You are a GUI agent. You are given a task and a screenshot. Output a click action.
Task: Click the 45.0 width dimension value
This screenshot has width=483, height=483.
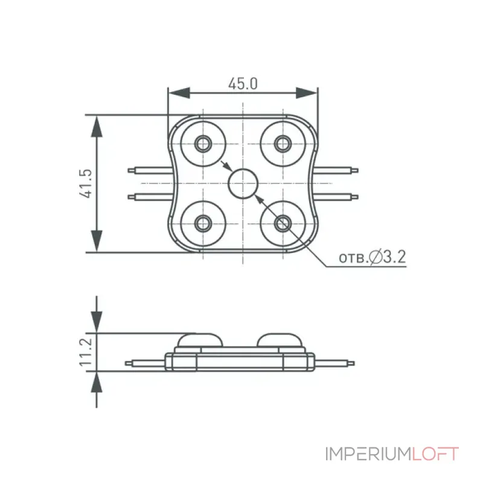click(x=243, y=83)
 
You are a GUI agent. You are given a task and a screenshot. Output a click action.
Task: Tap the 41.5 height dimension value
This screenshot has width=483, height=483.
click(x=86, y=184)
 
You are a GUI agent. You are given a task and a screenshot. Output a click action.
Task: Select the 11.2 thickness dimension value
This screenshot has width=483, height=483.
click(x=86, y=352)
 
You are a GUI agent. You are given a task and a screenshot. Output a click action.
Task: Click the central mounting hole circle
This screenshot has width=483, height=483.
click(x=243, y=184)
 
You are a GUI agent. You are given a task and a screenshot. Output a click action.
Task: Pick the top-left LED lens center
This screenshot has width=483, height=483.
click(x=203, y=143)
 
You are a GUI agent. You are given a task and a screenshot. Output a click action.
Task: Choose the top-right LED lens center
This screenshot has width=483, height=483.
click(x=283, y=143)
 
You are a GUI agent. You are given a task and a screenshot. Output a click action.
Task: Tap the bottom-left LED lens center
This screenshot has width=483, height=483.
click(x=203, y=223)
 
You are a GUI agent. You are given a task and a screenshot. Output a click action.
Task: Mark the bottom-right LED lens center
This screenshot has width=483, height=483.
click(x=283, y=223)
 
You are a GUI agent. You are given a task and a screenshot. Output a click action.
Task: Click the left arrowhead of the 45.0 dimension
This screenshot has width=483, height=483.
click(x=179, y=93)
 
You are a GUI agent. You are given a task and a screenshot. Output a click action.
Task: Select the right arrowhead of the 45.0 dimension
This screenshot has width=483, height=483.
click(x=307, y=93)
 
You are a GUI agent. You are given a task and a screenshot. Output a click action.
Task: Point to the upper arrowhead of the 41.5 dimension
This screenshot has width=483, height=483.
click(x=97, y=126)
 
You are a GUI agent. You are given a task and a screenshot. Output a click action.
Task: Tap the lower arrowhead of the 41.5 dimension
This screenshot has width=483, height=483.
click(x=97, y=241)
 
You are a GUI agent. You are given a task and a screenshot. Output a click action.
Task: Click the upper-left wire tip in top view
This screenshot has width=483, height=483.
click(x=131, y=170)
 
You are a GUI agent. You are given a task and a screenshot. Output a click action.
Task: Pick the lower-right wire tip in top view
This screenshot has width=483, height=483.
click(x=355, y=197)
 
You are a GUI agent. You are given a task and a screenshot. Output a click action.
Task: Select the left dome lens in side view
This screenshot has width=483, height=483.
click(x=200, y=340)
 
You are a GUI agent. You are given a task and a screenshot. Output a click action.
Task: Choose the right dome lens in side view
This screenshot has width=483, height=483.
click(x=280, y=340)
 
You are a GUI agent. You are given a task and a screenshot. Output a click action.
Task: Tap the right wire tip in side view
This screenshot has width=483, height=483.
click(x=351, y=363)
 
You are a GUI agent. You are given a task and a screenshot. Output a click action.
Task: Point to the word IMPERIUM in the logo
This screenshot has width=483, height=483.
click(x=368, y=454)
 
